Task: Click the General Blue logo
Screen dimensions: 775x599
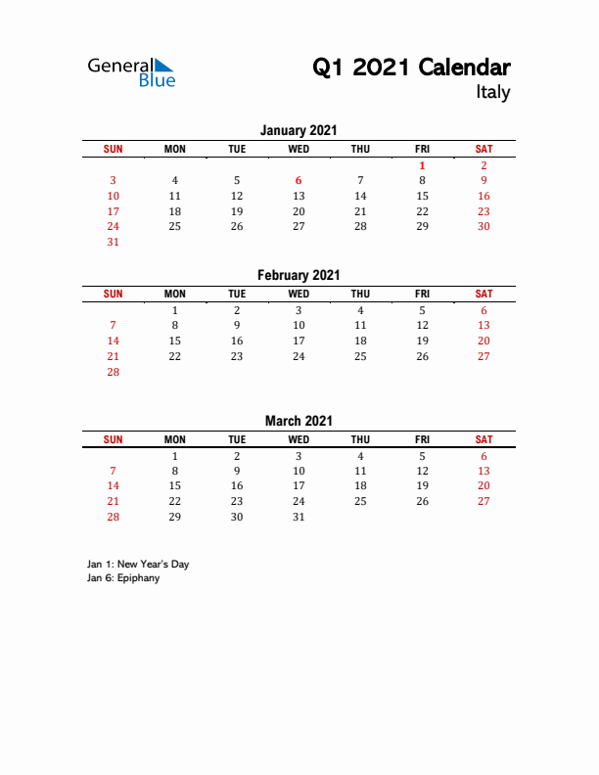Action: click(x=131, y=71)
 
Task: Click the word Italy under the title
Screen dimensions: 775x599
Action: click(x=492, y=92)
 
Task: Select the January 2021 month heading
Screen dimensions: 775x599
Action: click(x=299, y=130)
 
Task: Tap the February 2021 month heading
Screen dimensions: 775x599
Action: click(x=299, y=276)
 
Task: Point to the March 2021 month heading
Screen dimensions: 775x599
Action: click(x=299, y=421)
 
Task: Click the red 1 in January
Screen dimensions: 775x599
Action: click(x=422, y=165)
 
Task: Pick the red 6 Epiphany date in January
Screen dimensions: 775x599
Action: click(x=299, y=180)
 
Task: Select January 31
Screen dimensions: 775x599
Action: click(x=113, y=242)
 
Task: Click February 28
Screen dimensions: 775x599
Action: click(x=113, y=372)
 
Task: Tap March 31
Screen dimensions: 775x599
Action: click(x=299, y=517)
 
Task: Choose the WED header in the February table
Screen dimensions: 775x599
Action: click(x=299, y=294)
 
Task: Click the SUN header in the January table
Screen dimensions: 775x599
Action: click(x=113, y=149)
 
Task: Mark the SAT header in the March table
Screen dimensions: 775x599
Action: click(x=484, y=439)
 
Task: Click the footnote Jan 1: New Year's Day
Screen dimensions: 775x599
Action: click(x=138, y=565)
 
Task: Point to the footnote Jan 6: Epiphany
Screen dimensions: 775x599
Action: click(x=123, y=578)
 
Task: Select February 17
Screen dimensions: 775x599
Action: click(x=299, y=341)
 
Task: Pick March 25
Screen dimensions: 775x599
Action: click(x=360, y=501)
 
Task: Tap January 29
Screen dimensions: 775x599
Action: click(x=422, y=226)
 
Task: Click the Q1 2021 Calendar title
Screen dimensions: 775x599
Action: click(x=411, y=67)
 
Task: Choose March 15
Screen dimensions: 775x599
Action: click(x=174, y=485)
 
